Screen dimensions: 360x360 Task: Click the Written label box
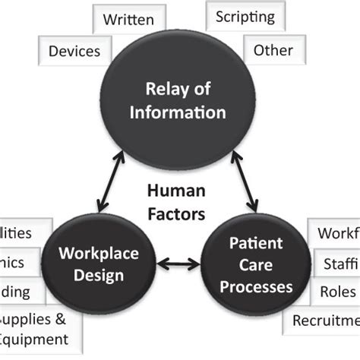128,19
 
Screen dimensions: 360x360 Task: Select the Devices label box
74,52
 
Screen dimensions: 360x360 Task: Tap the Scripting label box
245,17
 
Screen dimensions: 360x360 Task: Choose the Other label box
273,51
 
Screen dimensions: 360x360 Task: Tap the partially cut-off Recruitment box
326,320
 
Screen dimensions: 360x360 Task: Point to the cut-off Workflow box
334,232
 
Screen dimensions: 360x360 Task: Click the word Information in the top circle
178,113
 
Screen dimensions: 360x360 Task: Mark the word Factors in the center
176,214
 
